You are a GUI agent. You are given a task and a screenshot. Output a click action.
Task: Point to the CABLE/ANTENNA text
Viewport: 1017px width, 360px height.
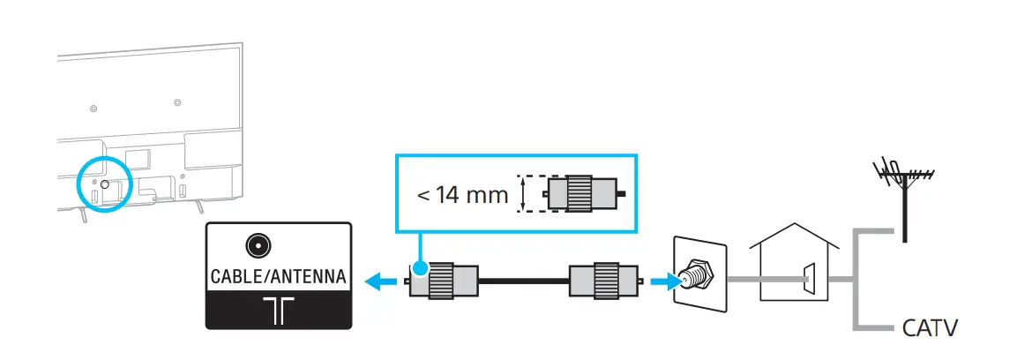[278, 277]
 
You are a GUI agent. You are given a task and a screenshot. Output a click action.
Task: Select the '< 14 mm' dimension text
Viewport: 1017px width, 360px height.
[462, 194]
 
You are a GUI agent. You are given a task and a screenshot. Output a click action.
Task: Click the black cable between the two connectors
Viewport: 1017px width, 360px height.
[523, 282]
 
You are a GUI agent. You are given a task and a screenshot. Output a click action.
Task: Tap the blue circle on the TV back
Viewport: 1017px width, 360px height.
[104, 184]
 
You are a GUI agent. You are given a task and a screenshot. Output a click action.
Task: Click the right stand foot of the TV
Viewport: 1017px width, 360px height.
[198, 208]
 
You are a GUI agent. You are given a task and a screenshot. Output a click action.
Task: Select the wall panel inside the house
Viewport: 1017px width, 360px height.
[809, 281]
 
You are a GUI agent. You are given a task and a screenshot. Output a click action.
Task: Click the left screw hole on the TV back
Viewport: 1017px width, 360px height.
[93, 108]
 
